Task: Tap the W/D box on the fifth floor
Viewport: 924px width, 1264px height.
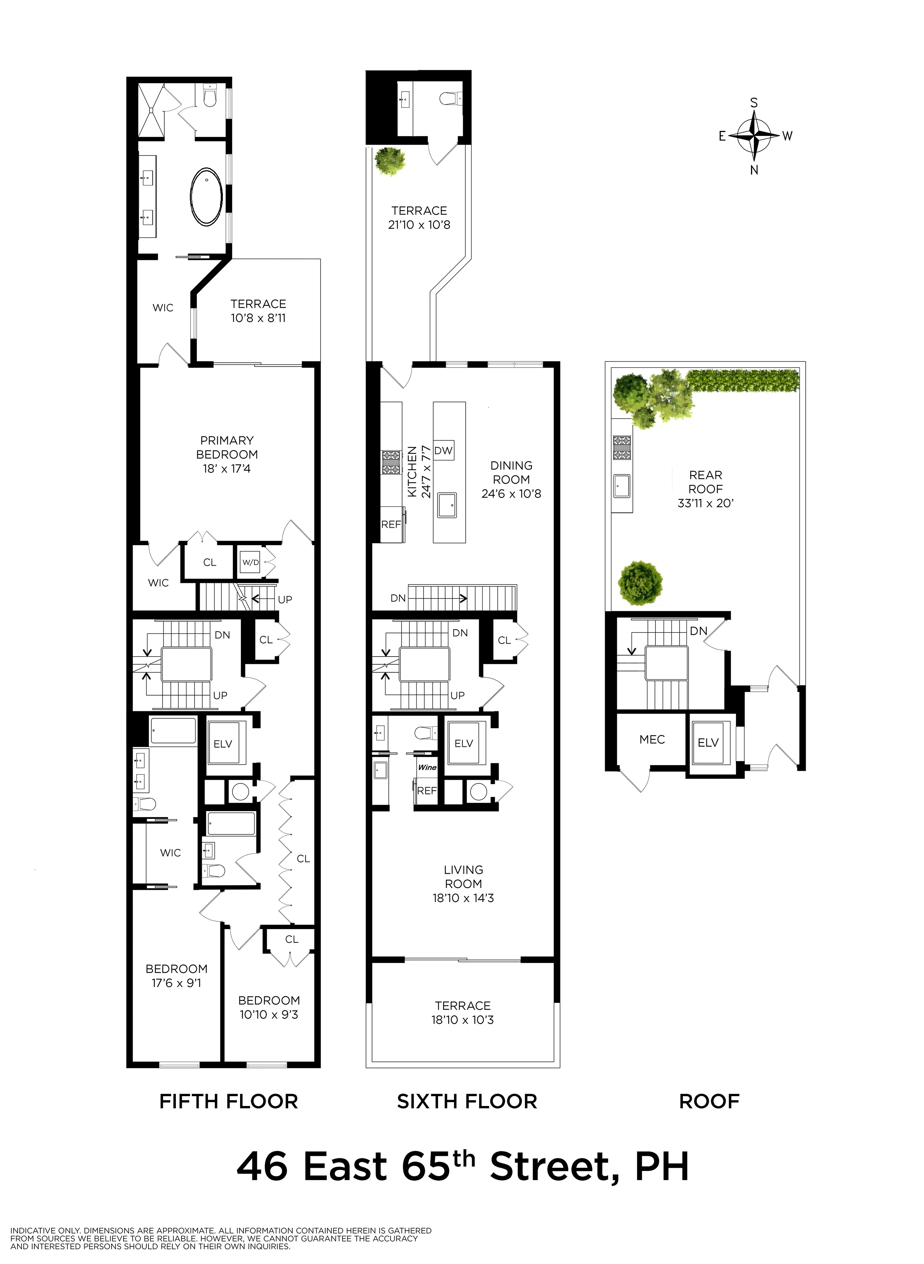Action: (x=250, y=562)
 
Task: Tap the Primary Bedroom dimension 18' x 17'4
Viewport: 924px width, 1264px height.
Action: (x=226, y=469)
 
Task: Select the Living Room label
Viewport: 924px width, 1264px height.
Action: (x=463, y=877)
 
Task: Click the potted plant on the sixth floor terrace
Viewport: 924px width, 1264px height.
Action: (x=390, y=161)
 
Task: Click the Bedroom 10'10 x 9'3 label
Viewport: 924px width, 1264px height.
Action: (x=269, y=1007)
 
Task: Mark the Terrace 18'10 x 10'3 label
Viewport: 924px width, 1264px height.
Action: (x=463, y=1013)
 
